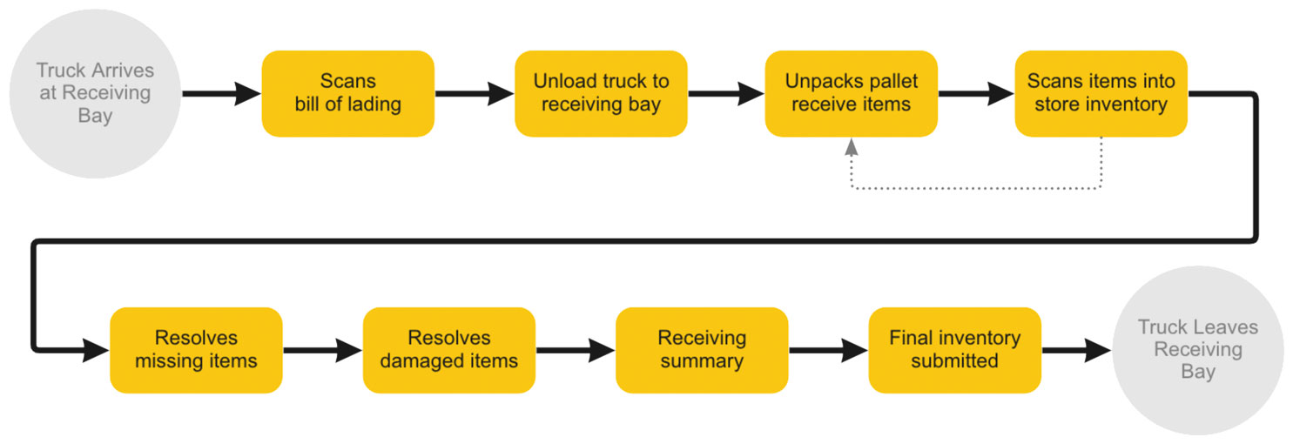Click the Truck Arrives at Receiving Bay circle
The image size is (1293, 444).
[x=94, y=93]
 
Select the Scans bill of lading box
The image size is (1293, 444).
[x=347, y=93]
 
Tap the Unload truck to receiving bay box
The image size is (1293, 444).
[x=601, y=93]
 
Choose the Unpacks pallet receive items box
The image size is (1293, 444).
[x=851, y=93]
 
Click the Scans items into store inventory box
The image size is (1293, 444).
[x=1101, y=93]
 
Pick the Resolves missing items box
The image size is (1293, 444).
[x=196, y=349]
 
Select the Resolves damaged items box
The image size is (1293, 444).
[x=448, y=349]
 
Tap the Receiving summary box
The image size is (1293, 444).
[x=701, y=349]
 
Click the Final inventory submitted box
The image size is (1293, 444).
[x=954, y=349]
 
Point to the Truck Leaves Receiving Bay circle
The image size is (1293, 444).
[x=1197, y=350]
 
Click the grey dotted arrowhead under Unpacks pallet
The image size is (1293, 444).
[x=852, y=147]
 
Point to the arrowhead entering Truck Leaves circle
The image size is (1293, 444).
[x=1099, y=350]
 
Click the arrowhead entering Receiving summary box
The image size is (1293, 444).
[x=603, y=350]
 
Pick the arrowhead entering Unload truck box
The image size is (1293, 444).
[x=501, y=93]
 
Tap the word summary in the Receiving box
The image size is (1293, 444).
[x=701, y=361]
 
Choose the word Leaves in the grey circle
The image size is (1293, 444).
[x=1228, y=327]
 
